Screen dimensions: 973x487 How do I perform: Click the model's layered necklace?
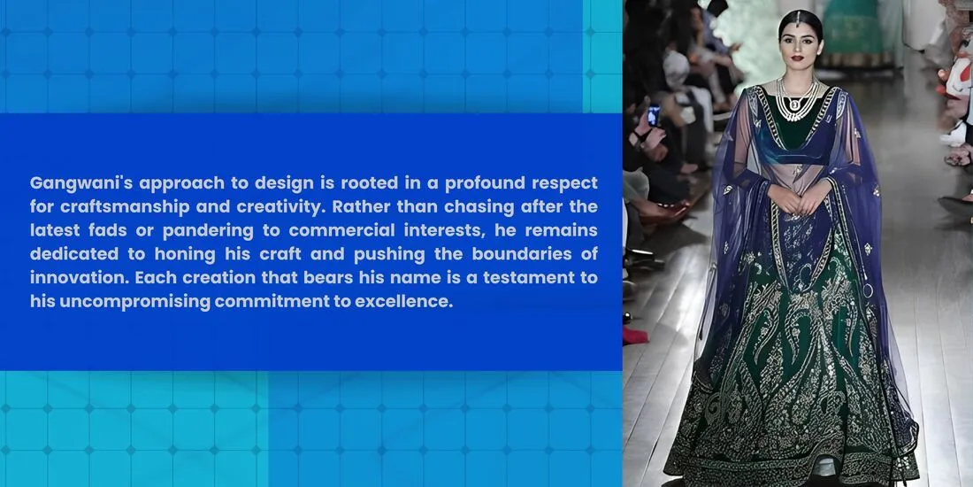coord(798,102)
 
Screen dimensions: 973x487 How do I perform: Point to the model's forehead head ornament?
coord(798,17)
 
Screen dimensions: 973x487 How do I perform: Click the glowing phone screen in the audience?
coord(654,115)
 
